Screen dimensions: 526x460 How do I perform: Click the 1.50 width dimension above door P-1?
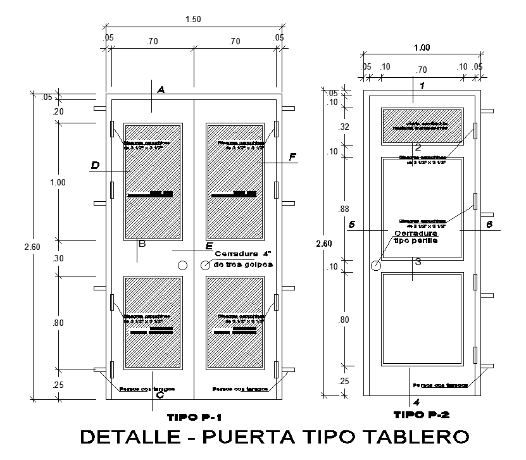click(x=193, y=20)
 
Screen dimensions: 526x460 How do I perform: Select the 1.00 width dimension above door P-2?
click(x=422, y=47)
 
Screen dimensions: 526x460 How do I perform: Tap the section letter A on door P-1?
click(x=161, y=90)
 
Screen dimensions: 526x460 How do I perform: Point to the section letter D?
click(x=95, y=166)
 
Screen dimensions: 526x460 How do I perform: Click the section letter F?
click(x=292, y=156)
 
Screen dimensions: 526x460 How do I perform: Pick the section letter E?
click(x=210, y=246)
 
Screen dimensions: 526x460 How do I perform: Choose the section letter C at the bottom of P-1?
click(x=160, y=395)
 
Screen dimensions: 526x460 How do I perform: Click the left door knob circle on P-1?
click(x=183, y=266)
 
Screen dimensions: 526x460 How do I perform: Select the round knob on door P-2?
click(x=375, y=266)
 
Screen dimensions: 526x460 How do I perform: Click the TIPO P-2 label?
click(x=422, y=415)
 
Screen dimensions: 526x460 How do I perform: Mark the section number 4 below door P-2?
click(x=416, y=402)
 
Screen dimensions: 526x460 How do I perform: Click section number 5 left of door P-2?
click(x=352, y=225)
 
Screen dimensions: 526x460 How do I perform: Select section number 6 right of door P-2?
click(x=489, y=225)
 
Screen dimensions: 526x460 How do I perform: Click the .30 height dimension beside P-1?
click(x=59, y=258)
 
